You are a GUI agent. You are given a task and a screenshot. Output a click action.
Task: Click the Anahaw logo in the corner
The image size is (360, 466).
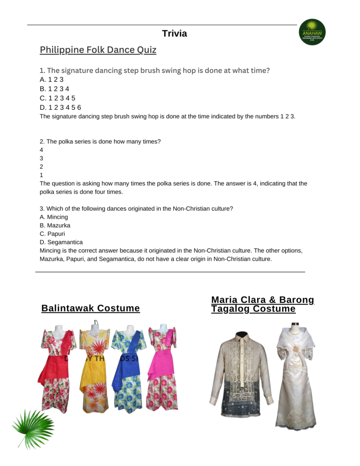point(312,32)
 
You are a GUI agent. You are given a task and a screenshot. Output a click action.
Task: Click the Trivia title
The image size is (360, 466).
point(174,34)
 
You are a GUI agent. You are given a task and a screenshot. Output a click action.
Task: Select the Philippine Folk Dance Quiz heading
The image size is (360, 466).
point(98,50)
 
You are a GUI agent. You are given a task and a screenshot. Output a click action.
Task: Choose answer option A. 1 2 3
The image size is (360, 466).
point(51,80)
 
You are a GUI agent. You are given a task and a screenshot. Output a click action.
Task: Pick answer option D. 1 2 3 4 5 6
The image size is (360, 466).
point(60,107)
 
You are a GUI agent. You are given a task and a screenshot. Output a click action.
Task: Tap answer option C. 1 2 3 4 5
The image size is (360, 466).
point(57,98)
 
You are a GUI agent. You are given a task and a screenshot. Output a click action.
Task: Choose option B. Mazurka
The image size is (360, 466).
point(55,225)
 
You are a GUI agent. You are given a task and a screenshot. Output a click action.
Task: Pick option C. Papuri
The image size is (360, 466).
point(52,234)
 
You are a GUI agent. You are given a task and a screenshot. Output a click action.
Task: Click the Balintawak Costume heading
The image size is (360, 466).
point(91,309)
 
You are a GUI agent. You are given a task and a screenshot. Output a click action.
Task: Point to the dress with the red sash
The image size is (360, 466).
point(56,369)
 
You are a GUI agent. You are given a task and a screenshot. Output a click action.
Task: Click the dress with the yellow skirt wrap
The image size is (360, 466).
point(94,369)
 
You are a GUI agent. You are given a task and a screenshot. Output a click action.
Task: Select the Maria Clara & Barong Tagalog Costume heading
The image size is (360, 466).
point(263,304)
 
